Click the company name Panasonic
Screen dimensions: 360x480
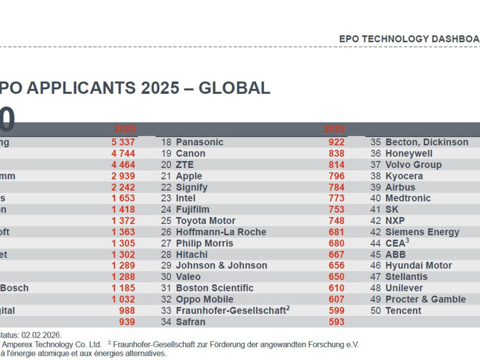(200, 142)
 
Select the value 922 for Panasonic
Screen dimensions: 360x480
(336, 142)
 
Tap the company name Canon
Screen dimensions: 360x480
(190, 154)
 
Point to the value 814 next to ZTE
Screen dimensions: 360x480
(336, 165)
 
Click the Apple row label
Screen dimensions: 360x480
(189, 176)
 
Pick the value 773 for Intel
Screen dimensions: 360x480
(336, 198)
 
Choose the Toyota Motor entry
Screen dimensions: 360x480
(206, 221)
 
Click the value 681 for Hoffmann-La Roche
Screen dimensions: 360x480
(336, 232)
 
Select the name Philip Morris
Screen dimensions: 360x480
(204, 243)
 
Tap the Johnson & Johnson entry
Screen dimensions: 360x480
(222, 266)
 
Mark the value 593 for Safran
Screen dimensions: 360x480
(336, 322)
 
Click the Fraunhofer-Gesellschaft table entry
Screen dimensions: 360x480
(231, 310)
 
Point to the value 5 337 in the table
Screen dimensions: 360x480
(123, 142)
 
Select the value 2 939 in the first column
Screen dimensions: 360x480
(123, 176)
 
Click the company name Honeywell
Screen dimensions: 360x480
(409, 154)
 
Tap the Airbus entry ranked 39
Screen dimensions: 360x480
(400, 187)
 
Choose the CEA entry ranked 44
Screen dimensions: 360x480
(395, 243)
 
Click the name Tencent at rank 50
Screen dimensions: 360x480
(403, 310)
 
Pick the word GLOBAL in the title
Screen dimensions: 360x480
(234, 88)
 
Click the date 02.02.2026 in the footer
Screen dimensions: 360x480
(42, 335)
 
